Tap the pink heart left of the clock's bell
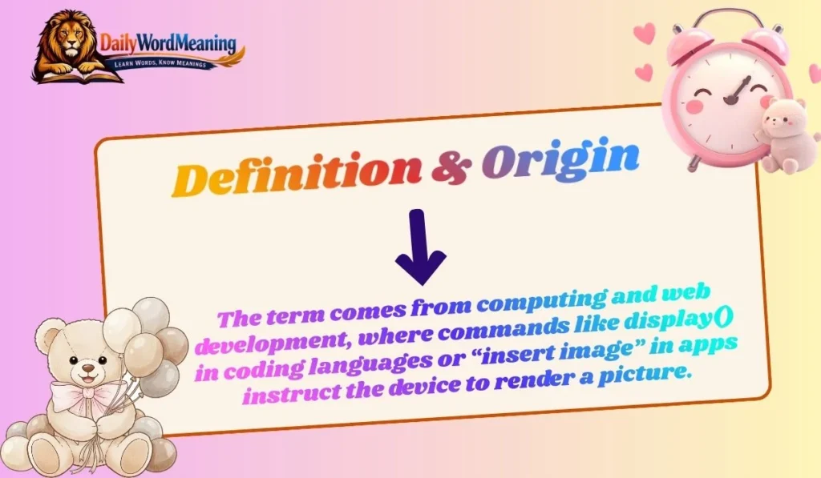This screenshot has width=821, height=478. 644,34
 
